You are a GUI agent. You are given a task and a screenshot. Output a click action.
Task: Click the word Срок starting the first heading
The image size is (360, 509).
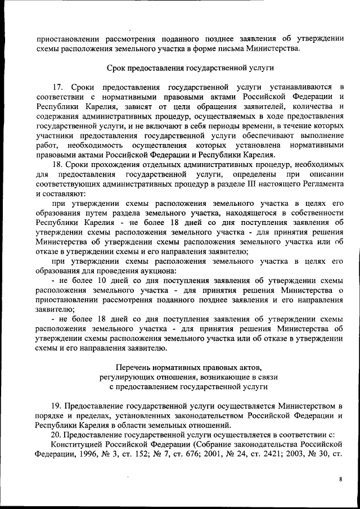click(x=117, y=68)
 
